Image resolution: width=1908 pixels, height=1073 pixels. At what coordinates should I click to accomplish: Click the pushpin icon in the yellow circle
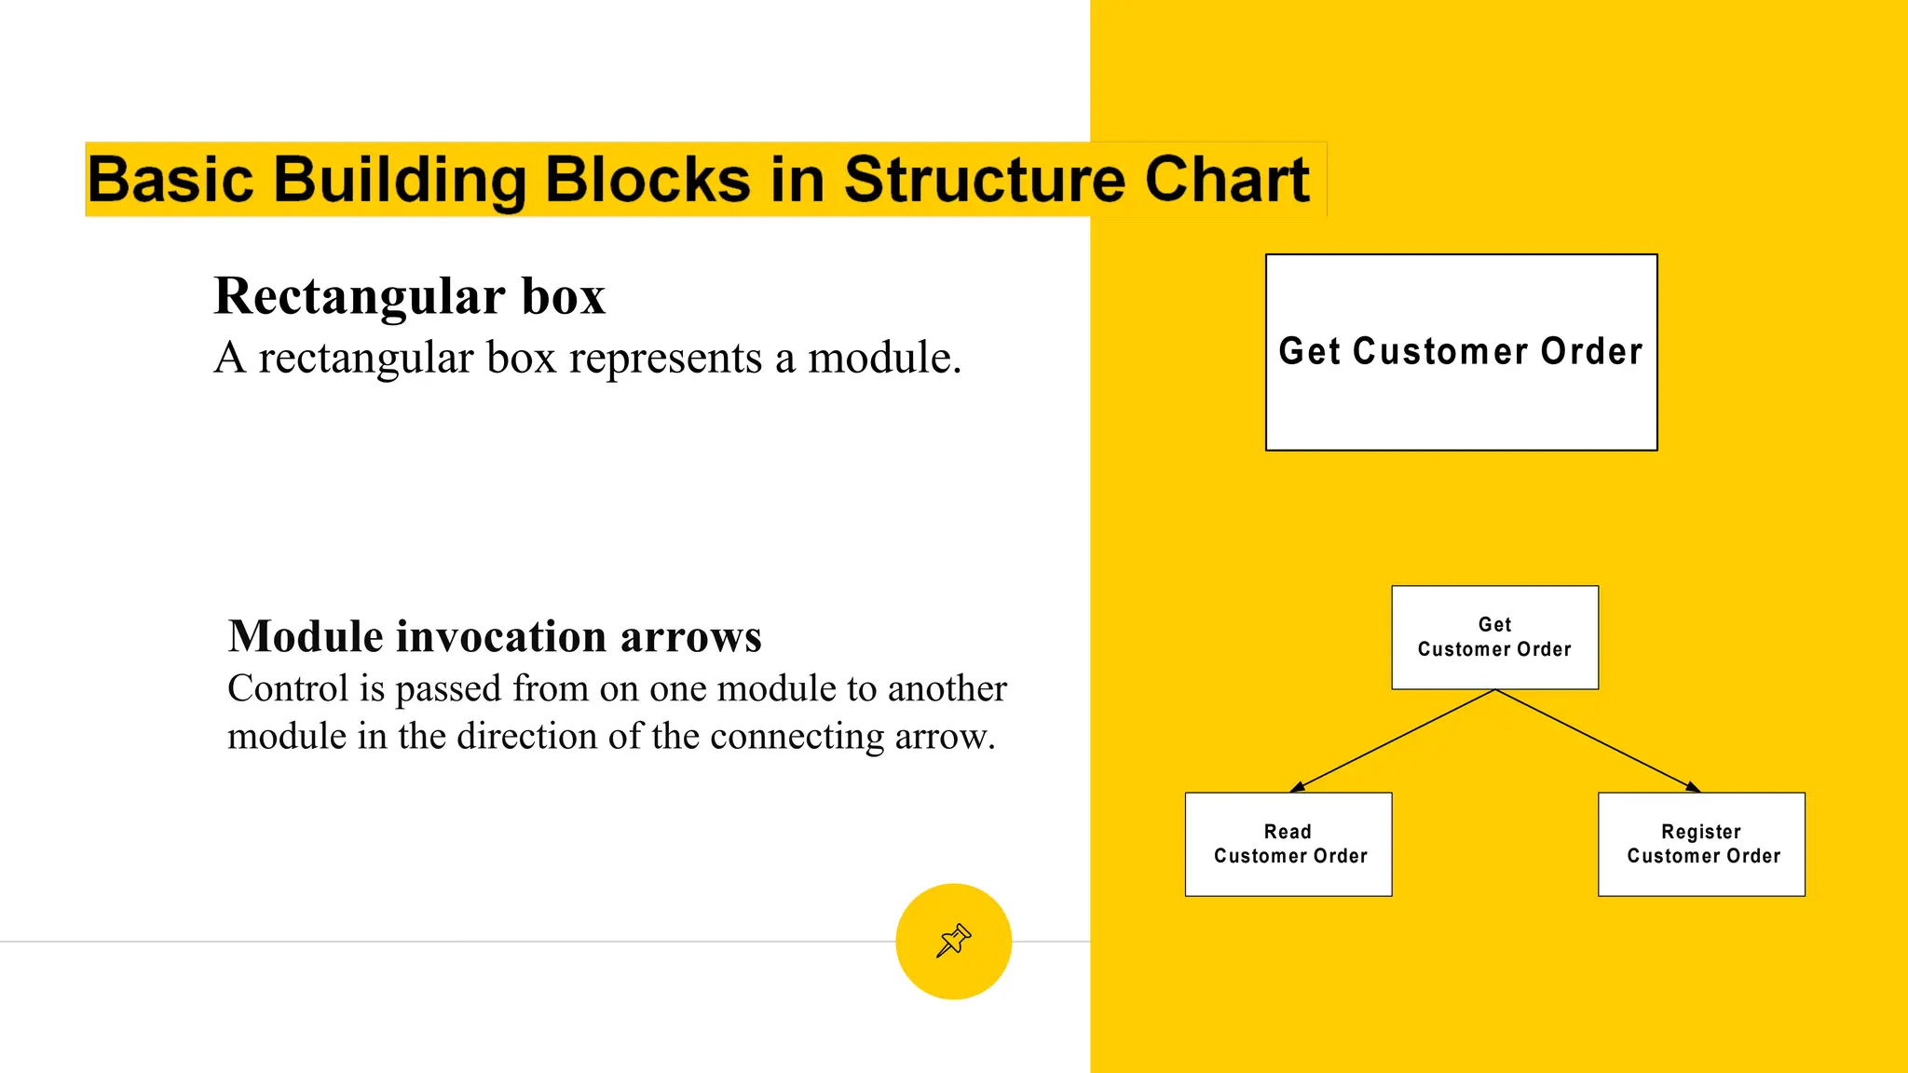tap(953, 941)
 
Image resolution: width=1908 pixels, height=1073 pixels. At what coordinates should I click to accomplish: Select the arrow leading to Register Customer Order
tap(1598, 740)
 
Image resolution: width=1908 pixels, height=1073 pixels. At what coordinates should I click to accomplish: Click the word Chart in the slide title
tap(1227, 179)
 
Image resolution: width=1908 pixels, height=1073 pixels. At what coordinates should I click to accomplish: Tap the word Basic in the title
tap(170, 179)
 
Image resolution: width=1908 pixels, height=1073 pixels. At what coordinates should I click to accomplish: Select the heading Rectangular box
tap(409, 296)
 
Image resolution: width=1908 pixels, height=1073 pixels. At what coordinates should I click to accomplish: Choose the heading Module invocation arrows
tap(495, 637)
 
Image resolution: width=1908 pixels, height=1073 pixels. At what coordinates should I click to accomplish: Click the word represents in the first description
tap(665, 359)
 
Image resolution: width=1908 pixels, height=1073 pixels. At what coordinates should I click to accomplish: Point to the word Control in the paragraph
tap(288, 689)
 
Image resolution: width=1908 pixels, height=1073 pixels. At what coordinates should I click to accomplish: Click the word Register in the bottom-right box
tap(1701, 832)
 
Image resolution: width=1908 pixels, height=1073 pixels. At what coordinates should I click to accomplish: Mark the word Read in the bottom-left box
tap(1288, 832)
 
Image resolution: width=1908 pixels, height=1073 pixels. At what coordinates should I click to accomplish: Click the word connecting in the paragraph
tap(797, 737)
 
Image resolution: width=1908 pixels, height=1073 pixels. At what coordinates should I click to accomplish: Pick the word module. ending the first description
tap(884, 359)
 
